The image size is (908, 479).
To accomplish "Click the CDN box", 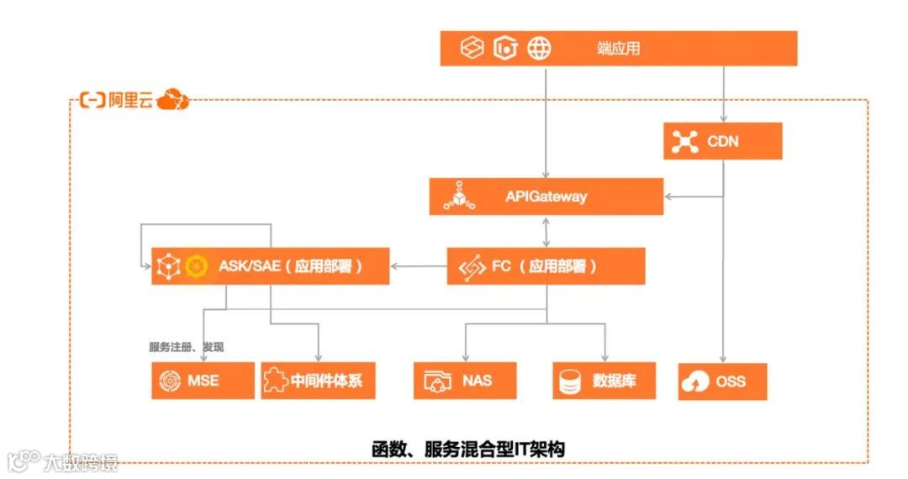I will pyautogui.click(x=723, y=141).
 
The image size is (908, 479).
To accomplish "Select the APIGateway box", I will pyautogui.click(x=546, y=197).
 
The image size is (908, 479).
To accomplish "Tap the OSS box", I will pyautogui.click(x=723, y=382).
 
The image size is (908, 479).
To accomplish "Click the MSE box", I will pyautogui.click(x=203, y=381).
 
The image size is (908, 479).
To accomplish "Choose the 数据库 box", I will pyautogui.click(x=604, y=381).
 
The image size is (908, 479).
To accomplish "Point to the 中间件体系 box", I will pyautogui.click(x=317, y=381).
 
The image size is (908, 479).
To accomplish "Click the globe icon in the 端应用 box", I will pyautogui.click(x=539, y=48).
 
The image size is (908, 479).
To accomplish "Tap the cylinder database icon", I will pyautogui.click(x=570, y=382).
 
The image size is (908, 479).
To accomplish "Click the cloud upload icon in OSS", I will pyautogui.click(x=697, y=382).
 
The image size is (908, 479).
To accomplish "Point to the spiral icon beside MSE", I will pyautogui.click(x=168, y=381).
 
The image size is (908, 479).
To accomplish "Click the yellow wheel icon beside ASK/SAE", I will pyautogui.click(x=196, y=266).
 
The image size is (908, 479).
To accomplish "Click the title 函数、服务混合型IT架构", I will pyautogui.click(x=468, y=448).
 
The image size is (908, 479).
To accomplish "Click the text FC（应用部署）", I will pyautogui.click(x=545, y=267).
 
